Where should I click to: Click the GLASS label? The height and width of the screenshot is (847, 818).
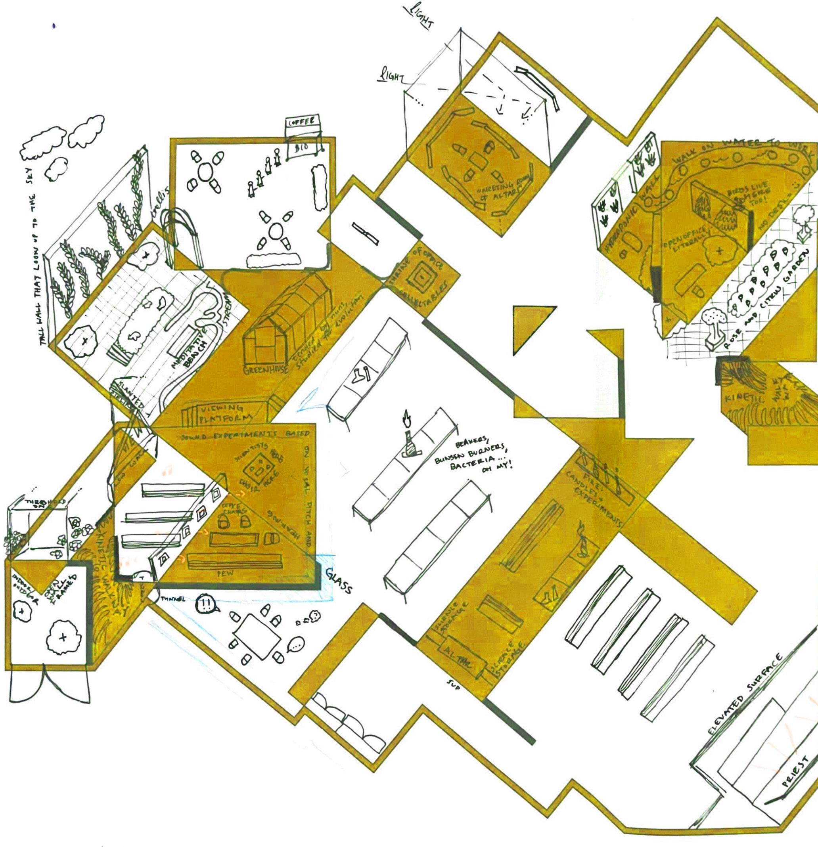(339, 580)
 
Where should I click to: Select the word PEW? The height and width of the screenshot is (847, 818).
(225, 574)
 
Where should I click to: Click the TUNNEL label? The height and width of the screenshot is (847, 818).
(173, 599)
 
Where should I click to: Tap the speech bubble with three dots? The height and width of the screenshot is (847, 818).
(297, 645)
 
